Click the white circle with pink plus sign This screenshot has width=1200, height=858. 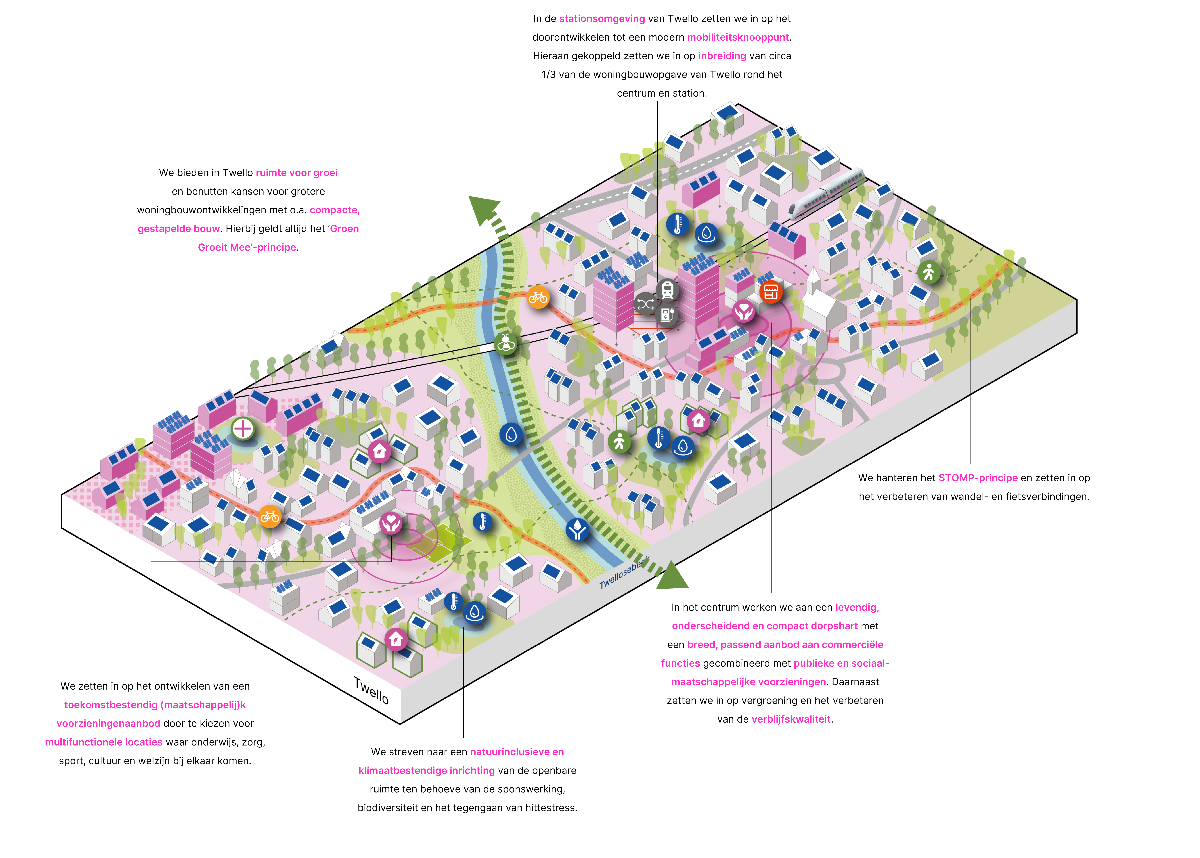click(243, 428)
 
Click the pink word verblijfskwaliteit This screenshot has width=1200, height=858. click(791, 719)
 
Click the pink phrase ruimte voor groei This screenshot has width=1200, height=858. click(296, 173)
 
